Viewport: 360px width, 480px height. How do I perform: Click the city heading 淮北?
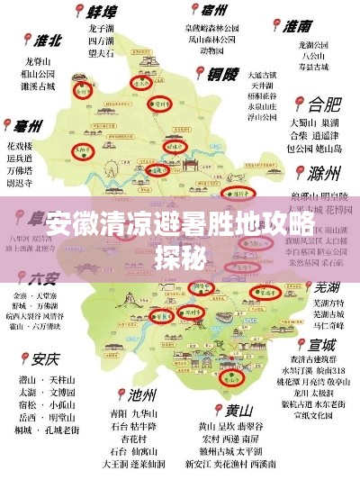point(47,41)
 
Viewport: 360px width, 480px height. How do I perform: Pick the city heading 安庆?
point(45,358)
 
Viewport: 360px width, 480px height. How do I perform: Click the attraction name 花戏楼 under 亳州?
point(20,145)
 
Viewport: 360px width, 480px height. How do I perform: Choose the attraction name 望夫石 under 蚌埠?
point(101,53)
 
